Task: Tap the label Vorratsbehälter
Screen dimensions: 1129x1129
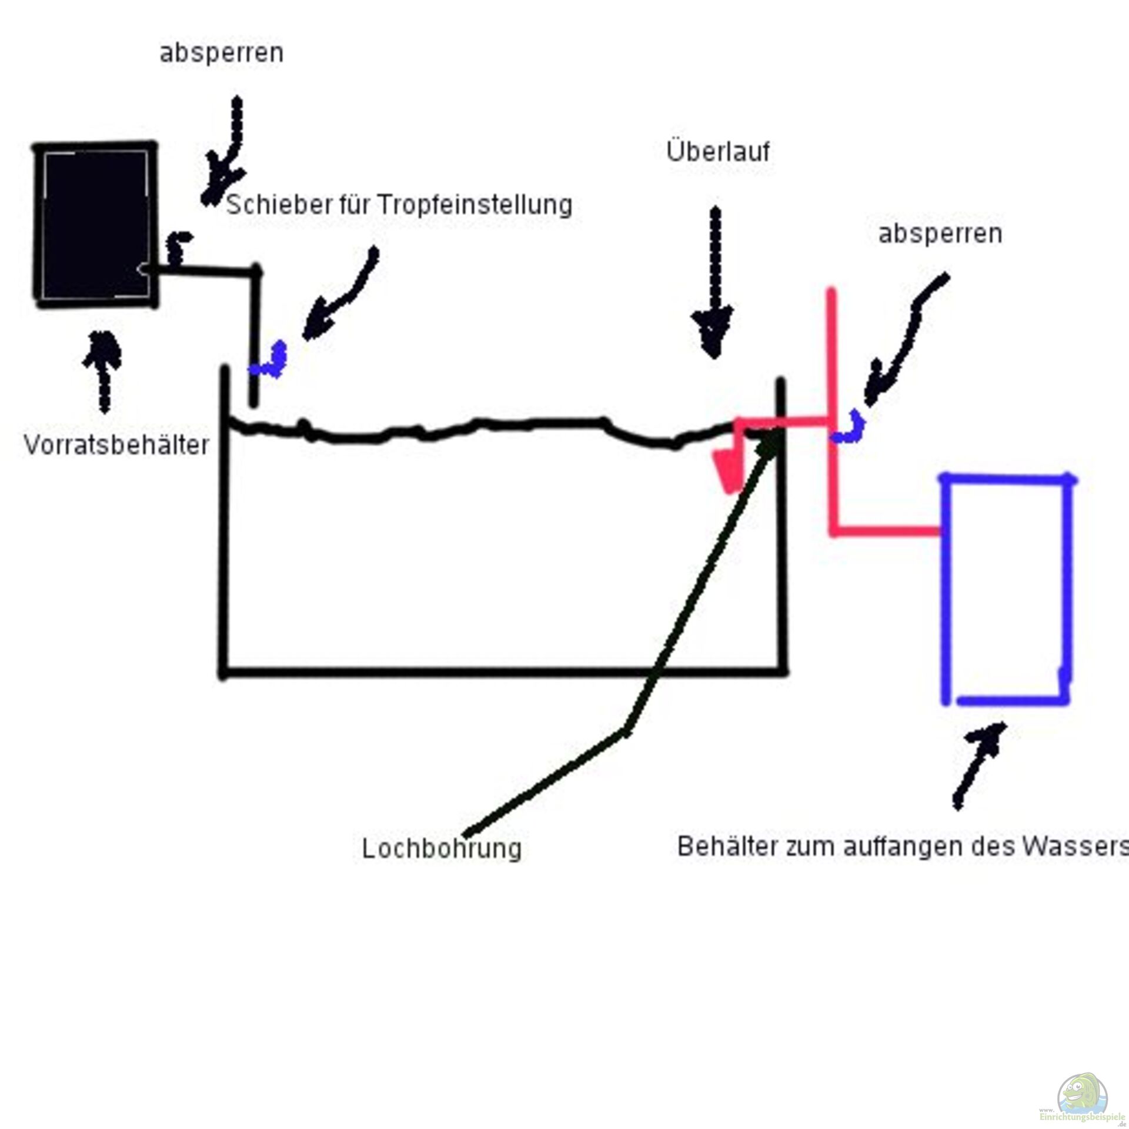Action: [x=116, y=445]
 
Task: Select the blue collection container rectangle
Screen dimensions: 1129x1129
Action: [x=1007, y=590]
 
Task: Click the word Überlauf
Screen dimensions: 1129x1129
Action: [x=718, y=152]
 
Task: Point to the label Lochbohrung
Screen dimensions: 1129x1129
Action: [x=442, y=849]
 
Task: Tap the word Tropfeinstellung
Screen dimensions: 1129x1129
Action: [x=475, y=205]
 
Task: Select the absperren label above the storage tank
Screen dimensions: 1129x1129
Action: [x=221, y=53]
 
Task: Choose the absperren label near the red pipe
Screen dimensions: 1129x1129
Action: [x=940, y=234]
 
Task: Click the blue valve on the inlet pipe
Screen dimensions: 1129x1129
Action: [x=270, y=361]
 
